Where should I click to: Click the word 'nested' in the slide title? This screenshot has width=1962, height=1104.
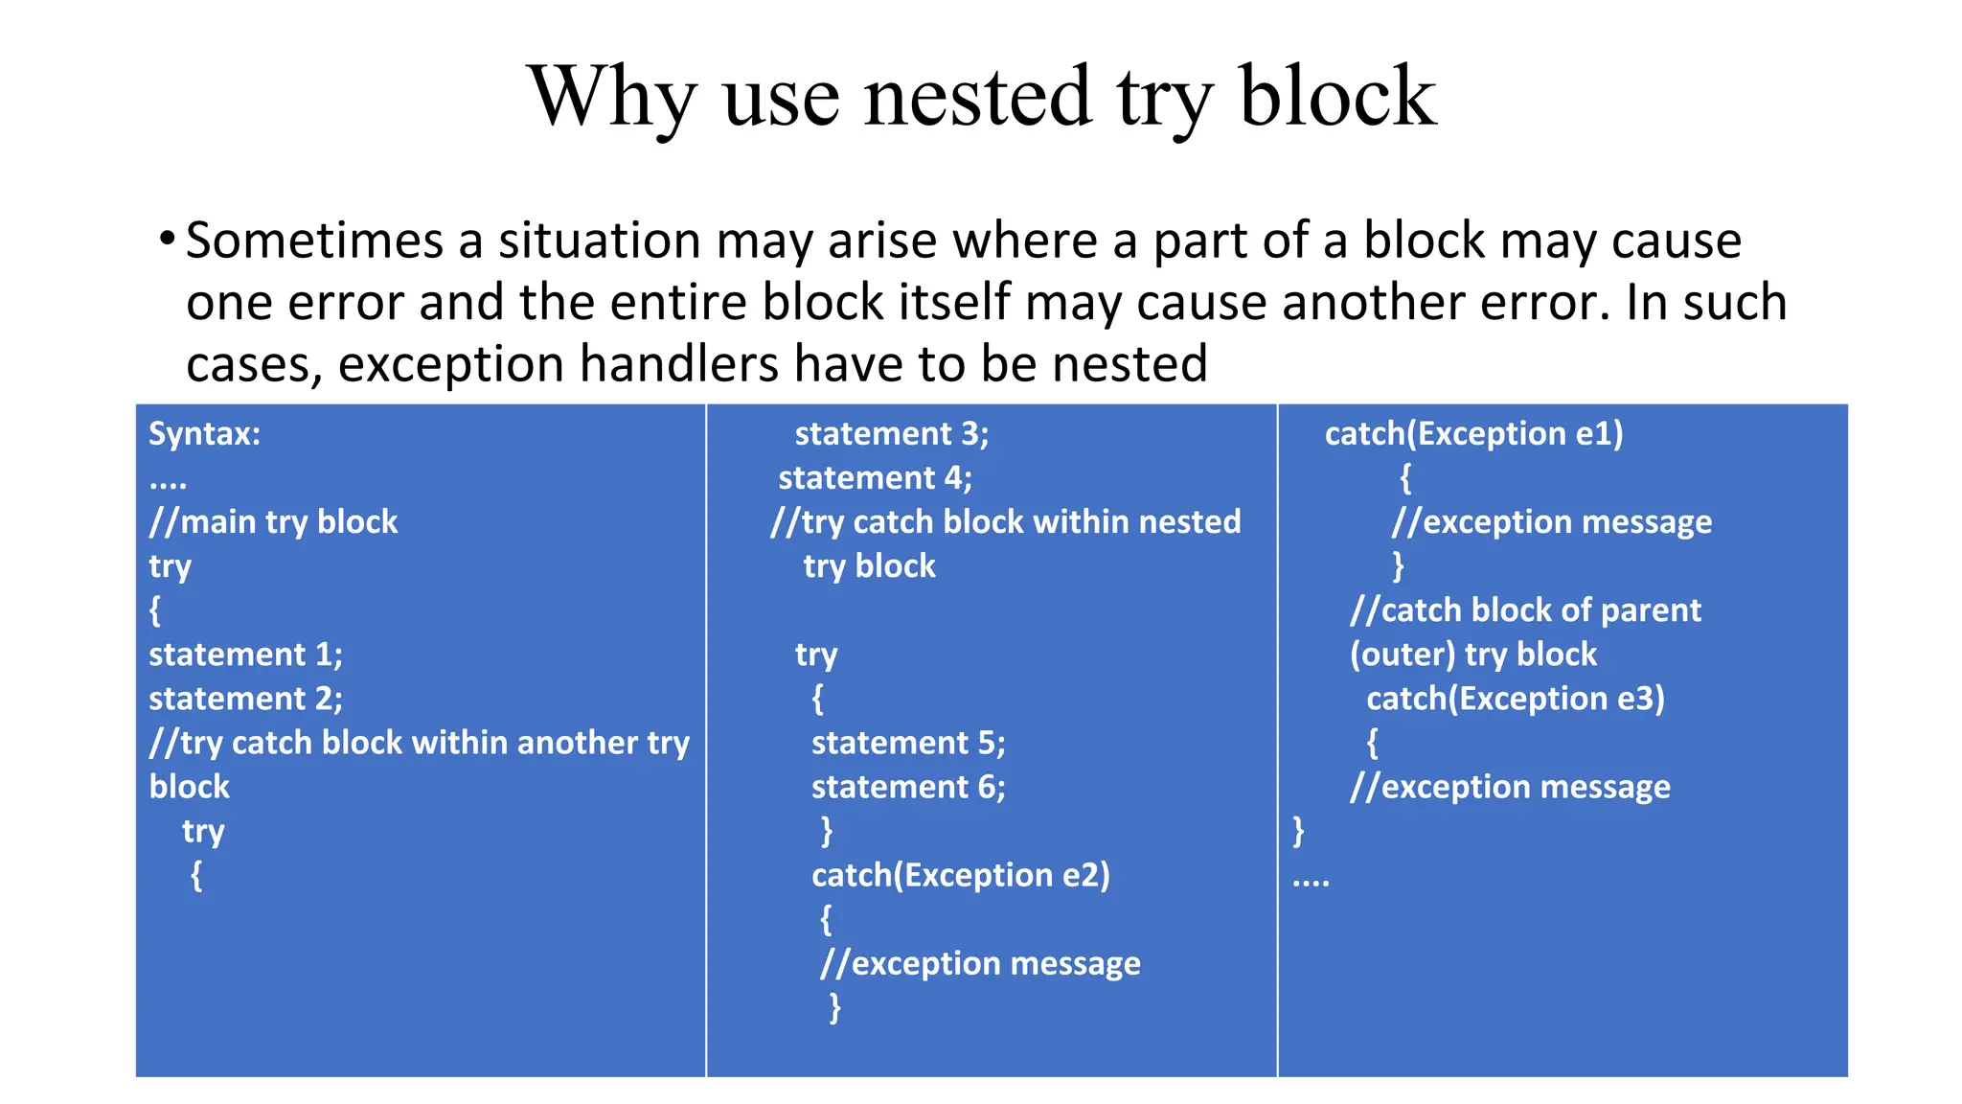[x=977, y=96]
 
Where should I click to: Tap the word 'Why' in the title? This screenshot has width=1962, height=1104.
[x=611, y=98]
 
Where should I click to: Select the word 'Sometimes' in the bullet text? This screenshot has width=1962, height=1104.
[x=313, y=240]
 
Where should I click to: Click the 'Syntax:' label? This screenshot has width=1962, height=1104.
[x=204, y=434]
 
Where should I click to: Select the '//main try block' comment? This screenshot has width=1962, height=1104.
[x=273, y=522]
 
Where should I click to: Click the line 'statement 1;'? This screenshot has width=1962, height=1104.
[x=245, y=655]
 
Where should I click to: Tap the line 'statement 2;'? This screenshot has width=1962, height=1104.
[x=245, y=699]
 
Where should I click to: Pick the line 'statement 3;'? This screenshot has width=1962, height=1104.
[x=891, y=434]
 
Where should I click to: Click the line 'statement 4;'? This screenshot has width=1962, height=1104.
[x=875, y=478]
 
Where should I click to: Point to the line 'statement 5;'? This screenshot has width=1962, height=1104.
[x=908, y=743]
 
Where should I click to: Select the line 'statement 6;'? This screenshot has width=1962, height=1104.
[x=908, y=787]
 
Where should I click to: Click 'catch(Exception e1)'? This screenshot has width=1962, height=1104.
[x=1473, y=434]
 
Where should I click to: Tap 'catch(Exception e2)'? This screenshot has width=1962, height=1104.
[x=961, y=875]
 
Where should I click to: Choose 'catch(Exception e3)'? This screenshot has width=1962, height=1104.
[x=1516, y=699]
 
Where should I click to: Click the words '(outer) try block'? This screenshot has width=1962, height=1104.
[x=1473, y=655]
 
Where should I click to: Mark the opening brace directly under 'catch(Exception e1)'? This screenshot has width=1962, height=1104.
[x=1405, y=477]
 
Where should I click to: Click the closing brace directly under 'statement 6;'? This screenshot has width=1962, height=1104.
[x=827, y=830]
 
